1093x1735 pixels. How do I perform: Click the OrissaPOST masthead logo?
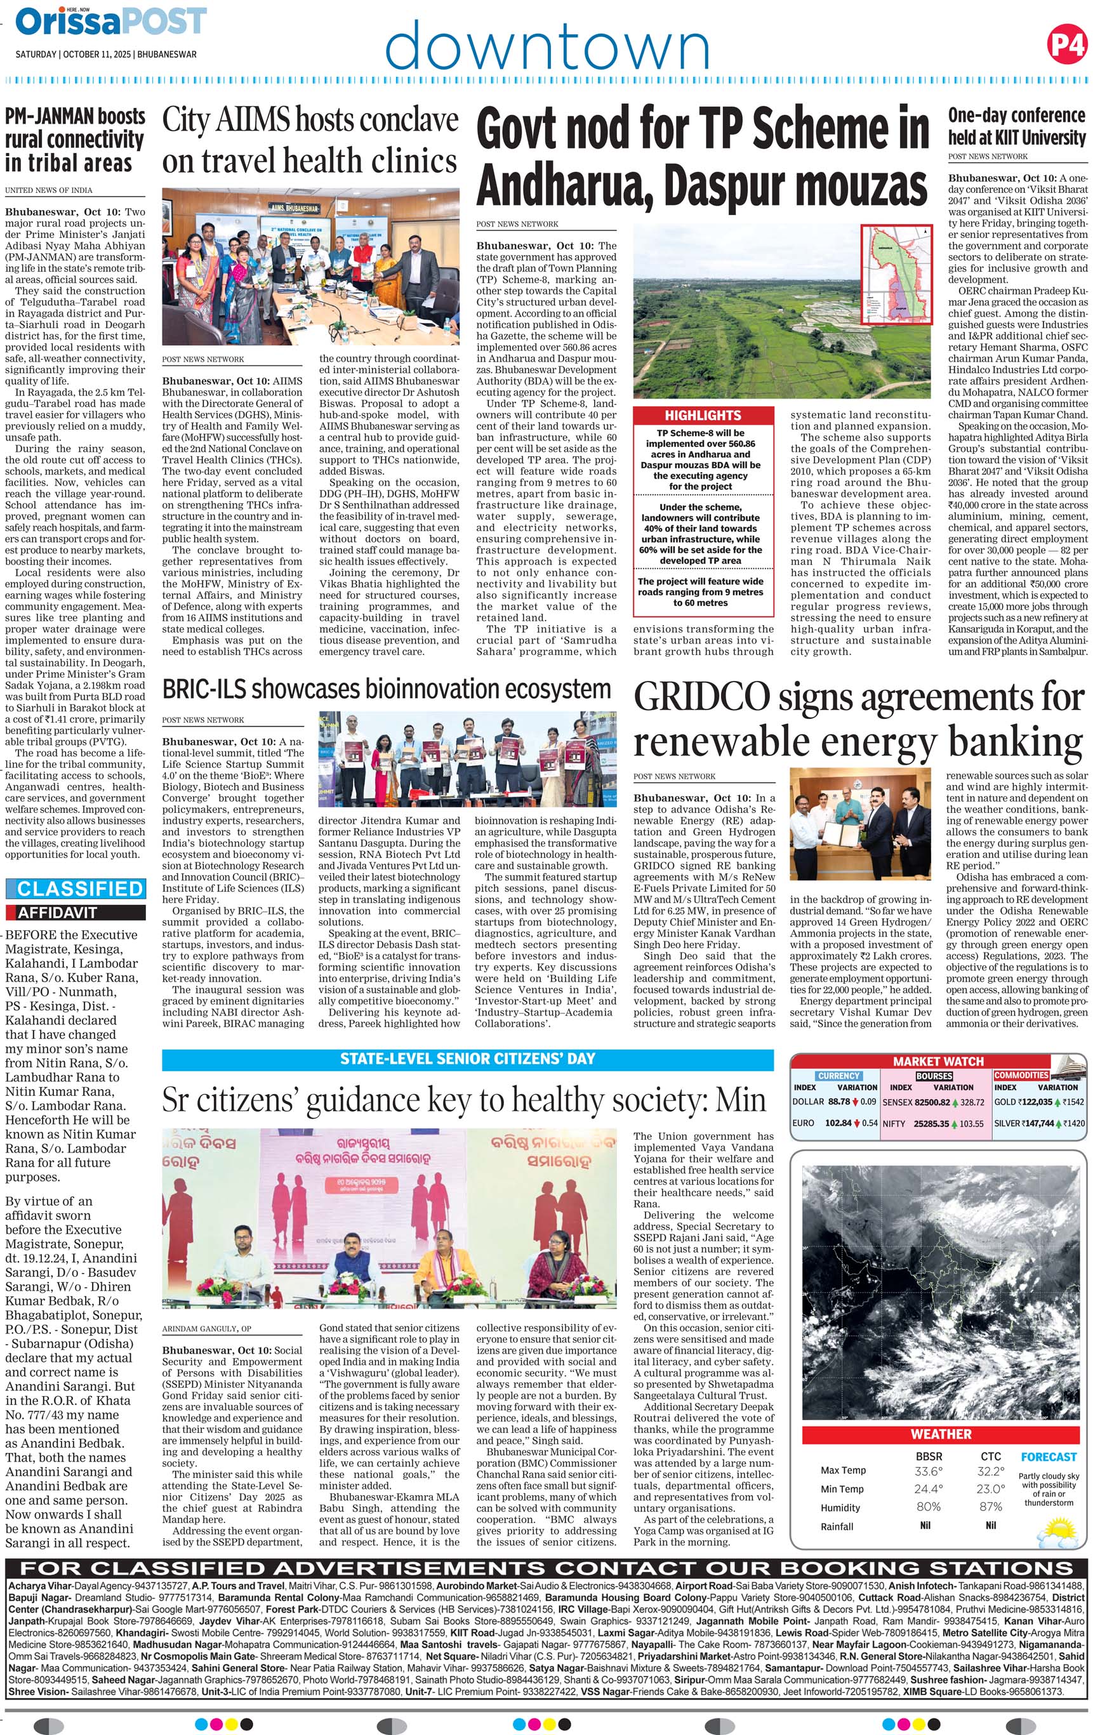tap(111, 21)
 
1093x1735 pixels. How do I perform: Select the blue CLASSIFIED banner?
tap(75, 888)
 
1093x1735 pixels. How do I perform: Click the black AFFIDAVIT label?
tap(58, 912)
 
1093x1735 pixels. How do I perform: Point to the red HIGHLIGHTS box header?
tap(703, 415)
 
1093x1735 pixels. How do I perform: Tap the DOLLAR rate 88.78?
tap(838, 1101)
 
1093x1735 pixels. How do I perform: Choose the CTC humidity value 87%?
tap(991, 1507)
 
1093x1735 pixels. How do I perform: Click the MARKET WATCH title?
tap(938, 1061)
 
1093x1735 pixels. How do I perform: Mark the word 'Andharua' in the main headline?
tap(564, 186)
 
